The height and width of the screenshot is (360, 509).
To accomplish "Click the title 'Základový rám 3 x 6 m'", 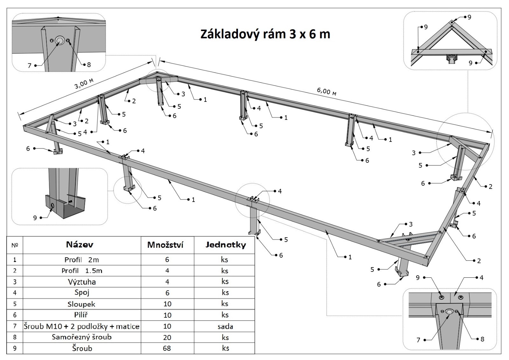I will pyautogui.click(x=265, y=34).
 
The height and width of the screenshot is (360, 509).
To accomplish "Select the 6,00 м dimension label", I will pyautogui.click(x=326, y=91).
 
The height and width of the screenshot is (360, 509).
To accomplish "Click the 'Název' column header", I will pyautogui.click(x=80, y=244).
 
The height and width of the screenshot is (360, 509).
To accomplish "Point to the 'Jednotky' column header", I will pyautogui.click(x=225, y=245).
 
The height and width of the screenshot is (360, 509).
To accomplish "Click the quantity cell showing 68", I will pyautogui.click(x=167, y=348).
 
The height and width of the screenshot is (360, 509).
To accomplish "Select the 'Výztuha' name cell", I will pyautogui.click(x=82, y=282).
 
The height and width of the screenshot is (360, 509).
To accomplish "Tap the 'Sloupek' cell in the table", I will pyautogui.click(x=81, y=304).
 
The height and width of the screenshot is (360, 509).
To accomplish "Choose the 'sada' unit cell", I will pyautogui.click(x=225, y=326).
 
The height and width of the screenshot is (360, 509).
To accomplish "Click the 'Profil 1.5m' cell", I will pyautogui.click(x=82, y=271).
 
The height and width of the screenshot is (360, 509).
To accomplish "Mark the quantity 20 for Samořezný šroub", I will pyautogui.click(x=167, y=337).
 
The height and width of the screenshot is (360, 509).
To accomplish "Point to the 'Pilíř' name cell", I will pyautogui.click(x=82, y=315).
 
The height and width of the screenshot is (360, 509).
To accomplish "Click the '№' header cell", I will pyautogui.click(x=15, y=245).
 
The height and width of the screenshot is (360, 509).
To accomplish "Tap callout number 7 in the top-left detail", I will pyautogui.click(x=30, y=66).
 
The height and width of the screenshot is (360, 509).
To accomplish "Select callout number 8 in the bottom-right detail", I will pyautogui.click(x=482, y=339).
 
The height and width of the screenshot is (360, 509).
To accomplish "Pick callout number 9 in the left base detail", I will pyautogui.click(x=35, y=218).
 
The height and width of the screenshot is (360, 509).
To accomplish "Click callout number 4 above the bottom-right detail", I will pyautogui.click(x=482, y=278).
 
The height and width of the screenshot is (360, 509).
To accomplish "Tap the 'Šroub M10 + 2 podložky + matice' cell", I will pyautogui.click(x=82, y=326).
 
